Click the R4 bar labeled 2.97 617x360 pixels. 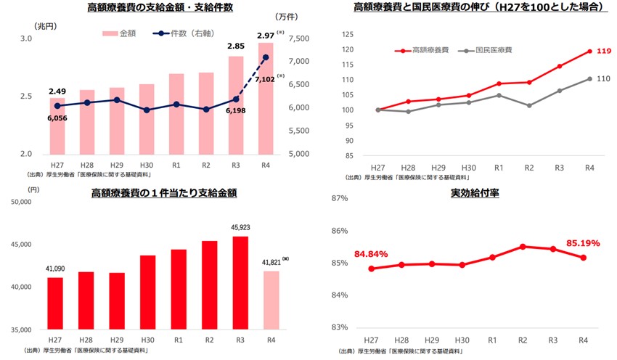pyautogui.click(x=265, y=98)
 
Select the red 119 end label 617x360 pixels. pyautogui.click(x=602, y=52)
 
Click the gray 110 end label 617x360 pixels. pyautogui.click(x=602, y=78)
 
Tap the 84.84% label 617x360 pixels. pyautogui.click(x=371, y=255)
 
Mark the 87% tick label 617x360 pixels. pyautogui.click(x=343, y=199)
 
